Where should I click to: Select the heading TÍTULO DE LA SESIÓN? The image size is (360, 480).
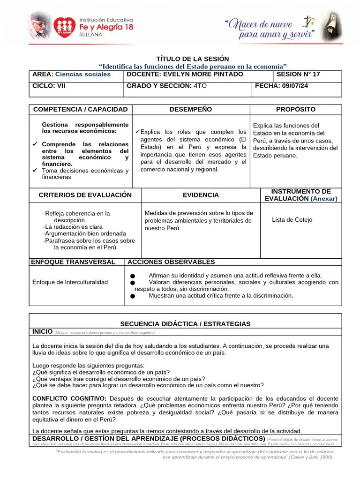coord(192,59)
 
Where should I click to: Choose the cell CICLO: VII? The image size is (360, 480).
coord(49,86)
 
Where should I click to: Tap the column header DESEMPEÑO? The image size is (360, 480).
coord(190,109)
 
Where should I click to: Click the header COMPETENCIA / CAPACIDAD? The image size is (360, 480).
coord(80,109)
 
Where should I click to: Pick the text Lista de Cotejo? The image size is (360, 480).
coord(292,219)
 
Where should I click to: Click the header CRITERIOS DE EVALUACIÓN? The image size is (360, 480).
coord(85,195)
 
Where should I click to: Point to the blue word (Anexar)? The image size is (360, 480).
coord(323,199)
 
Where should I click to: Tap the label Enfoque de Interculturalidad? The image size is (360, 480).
coord(70,282)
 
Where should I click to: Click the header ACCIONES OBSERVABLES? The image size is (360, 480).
coord(171,262)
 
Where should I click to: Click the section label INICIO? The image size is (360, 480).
coord(42,331)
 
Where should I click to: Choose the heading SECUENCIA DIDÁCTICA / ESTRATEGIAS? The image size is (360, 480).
coord(185,324)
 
